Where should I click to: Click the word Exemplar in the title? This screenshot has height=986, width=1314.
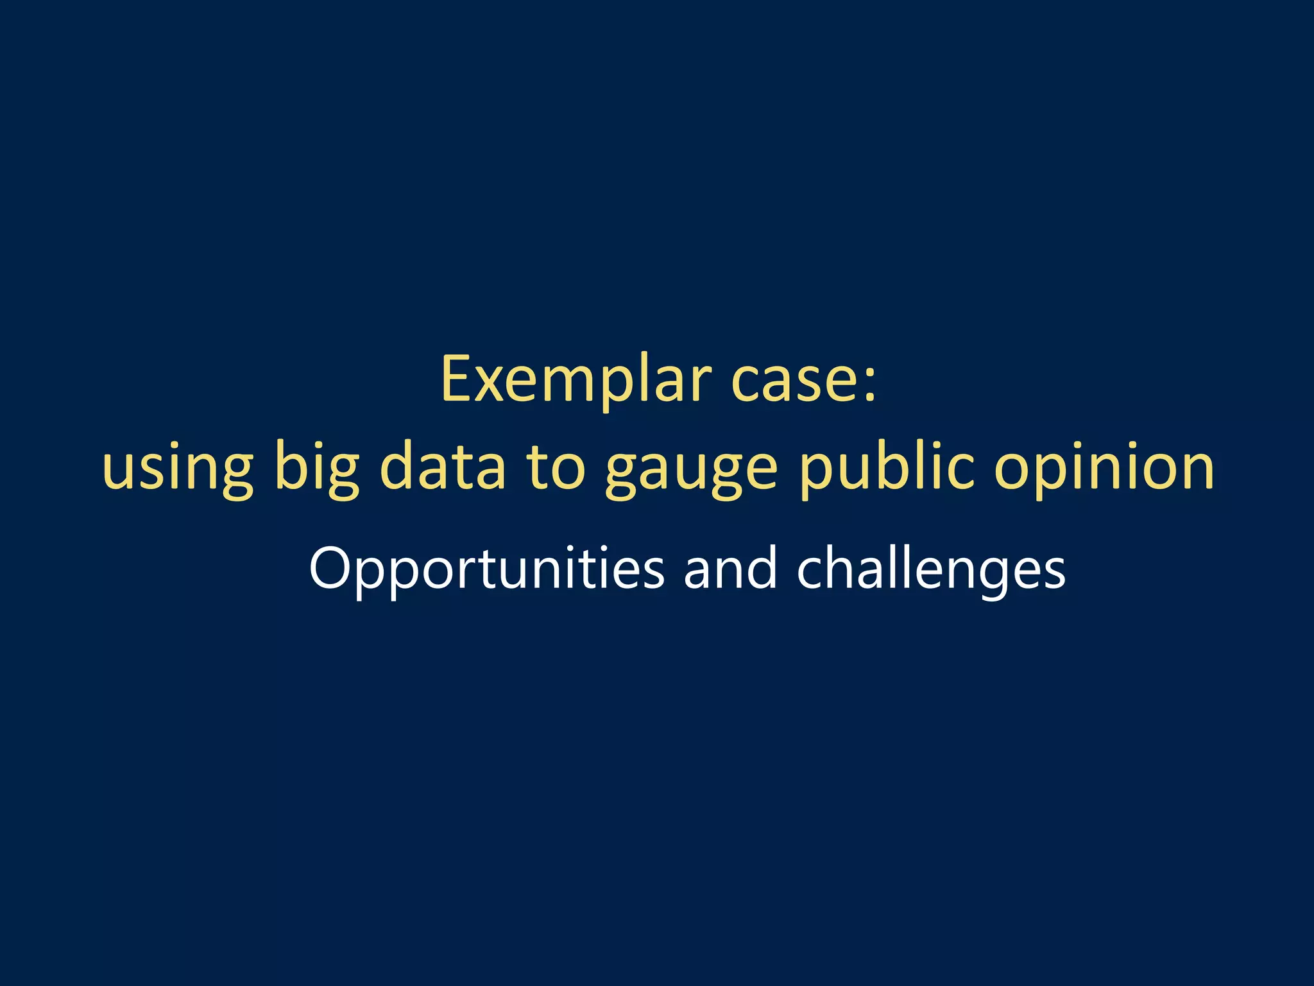[x=576, y=380]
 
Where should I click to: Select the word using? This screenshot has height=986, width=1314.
[x=178, y=469]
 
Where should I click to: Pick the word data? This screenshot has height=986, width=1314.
[x=443, y=465]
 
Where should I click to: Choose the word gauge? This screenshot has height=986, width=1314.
[x=691, y=471]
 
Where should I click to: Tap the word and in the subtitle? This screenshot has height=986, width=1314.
[x=730, y=567]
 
